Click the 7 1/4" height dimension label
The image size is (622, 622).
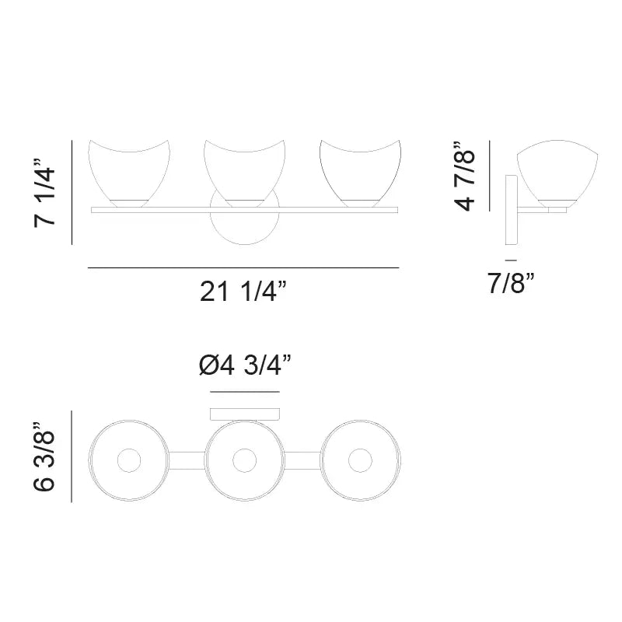tap(44, 193)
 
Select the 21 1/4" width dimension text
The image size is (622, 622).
tap(243, 292)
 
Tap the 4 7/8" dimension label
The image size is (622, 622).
tap(464, 176)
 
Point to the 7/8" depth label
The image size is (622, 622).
tap(511, 283)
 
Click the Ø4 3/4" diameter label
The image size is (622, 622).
tap(245, 365)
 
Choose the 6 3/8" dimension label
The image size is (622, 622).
tap(44, 457)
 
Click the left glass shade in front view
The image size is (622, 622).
tap(129, 173)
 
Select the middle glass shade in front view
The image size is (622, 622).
tap(245, 173)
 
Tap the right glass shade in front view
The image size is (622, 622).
tap(360, 173)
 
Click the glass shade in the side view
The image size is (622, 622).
tap(557, 173)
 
